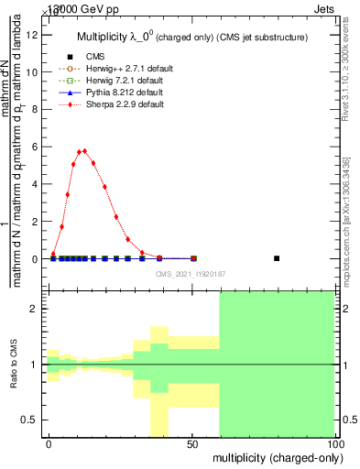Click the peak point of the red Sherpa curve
[84, 150]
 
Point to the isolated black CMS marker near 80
[277, 258]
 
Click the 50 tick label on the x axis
[191, 443]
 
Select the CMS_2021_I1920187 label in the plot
[191, 273]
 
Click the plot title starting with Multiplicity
[191, 38]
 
